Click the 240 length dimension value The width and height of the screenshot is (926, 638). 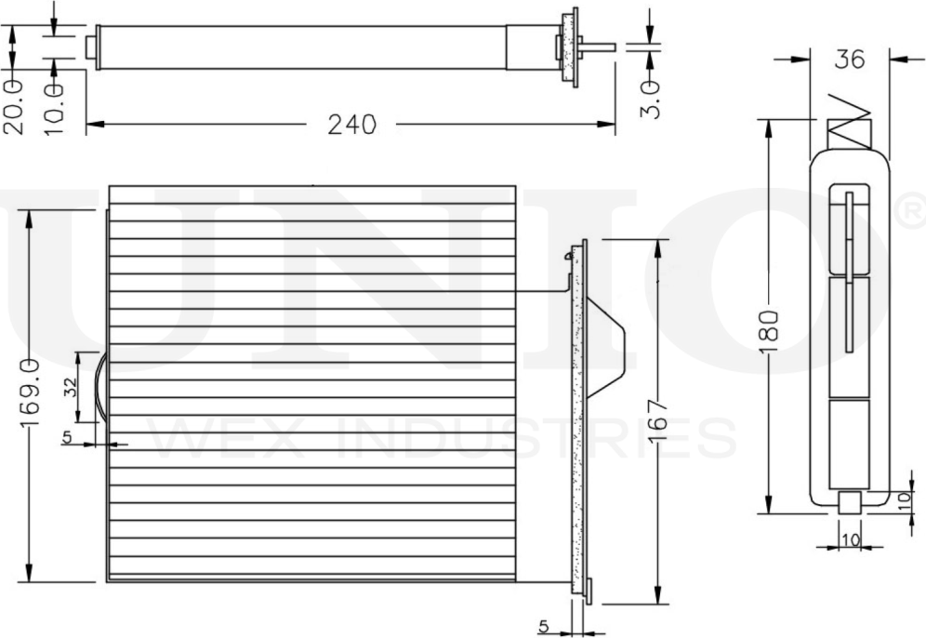(x=352, y=124)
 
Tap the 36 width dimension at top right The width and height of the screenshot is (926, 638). (x=849, y=60)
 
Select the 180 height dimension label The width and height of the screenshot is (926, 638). (x=770, y=331)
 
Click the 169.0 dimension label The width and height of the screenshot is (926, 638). (x=31, y=392)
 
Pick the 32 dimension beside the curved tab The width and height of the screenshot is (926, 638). (x=70, y=387)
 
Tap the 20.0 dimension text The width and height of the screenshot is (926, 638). (x=14, y=107)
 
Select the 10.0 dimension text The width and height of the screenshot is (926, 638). (x=53, y=109)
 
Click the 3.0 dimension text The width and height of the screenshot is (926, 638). (x=650, y=100)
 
